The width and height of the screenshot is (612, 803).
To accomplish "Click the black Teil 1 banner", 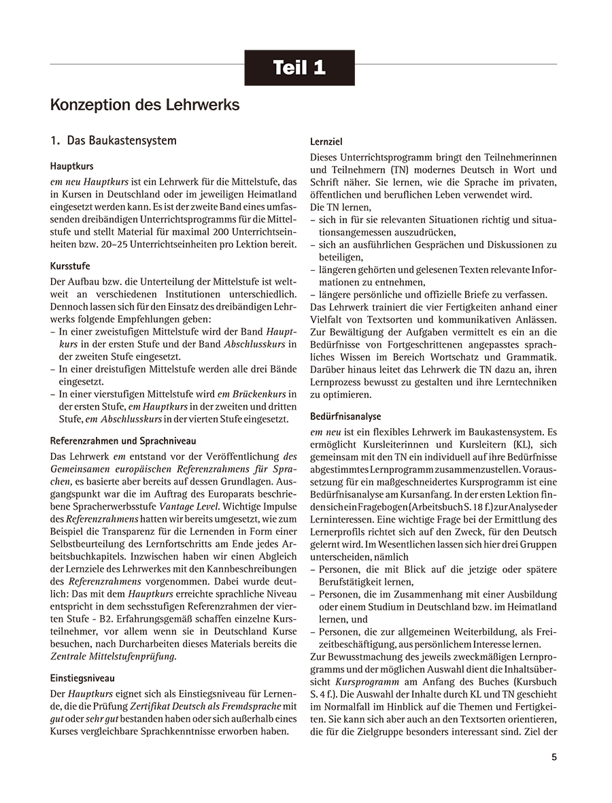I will (x=299, y=67).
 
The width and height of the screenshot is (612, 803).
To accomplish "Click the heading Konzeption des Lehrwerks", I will (x=145, y=105).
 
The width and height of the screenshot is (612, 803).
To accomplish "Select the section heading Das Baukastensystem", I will (x=113, y=141).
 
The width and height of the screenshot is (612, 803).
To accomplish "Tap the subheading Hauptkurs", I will (x=71, y=165).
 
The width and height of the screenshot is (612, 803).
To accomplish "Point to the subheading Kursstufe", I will (x=70, y=266).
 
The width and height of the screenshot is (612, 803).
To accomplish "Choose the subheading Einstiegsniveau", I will (x=82, y=678).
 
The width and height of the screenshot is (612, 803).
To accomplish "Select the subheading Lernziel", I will (x=326, y=142).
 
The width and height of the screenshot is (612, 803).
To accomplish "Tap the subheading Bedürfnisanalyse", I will (x=345, y=416).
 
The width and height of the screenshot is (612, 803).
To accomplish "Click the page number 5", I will (x=554, y=755).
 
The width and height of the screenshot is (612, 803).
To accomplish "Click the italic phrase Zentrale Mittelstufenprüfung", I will (x=113, y=656).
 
